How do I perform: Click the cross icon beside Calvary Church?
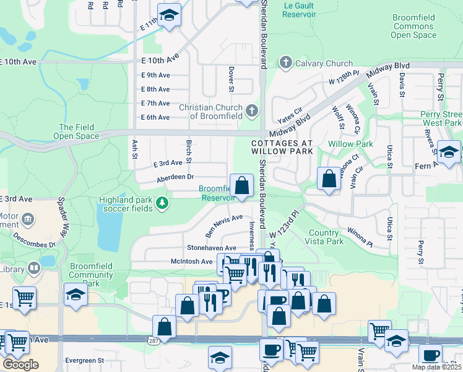point(285,63)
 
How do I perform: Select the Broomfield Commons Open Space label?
point(413,27)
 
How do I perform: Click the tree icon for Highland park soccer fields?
point(162,203)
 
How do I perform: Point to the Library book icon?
point(33,268)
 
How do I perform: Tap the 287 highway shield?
point(154,341)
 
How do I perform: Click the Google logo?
point(20,365)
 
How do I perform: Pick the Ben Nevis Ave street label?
point(224,226)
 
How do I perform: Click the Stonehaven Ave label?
point(212,248)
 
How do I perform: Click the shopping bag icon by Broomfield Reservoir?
point(241,185)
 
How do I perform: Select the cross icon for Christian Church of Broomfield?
point(251,112)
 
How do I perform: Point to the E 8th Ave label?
point(155,89)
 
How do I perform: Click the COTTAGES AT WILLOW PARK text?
point(282,146)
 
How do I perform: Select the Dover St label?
point(231,79)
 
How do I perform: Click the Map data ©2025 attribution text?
point(437,367)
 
